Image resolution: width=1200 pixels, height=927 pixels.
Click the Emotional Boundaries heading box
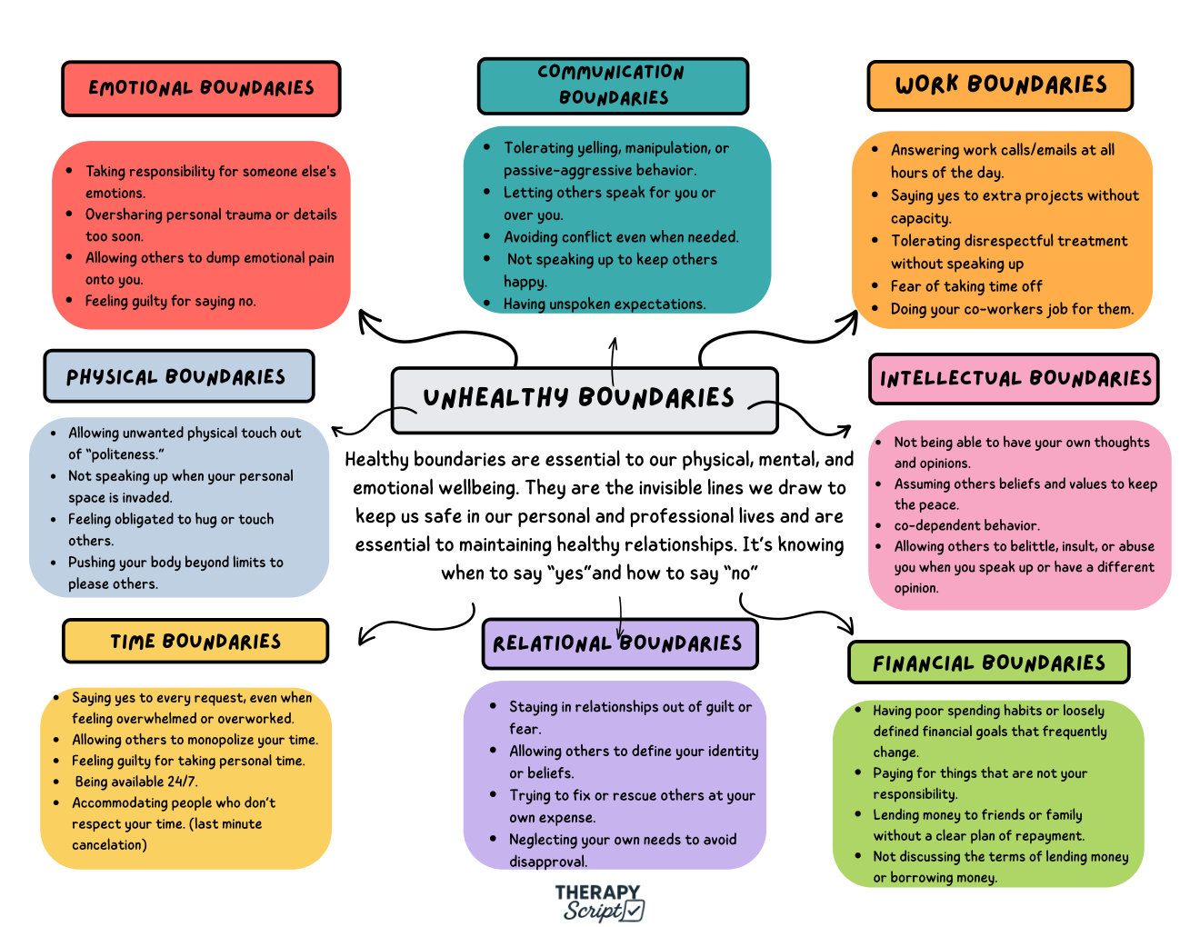pyautogui.click(x=201, y=88)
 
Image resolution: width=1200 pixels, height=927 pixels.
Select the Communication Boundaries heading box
pyautogui.click(x=613, y=86)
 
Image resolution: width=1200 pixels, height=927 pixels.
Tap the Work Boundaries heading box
pyautogui.click(x=1000, y=85)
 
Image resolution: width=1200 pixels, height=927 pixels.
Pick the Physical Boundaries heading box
pyautogui.click(x=179, y=376)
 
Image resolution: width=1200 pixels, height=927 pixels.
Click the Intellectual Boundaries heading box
pyautogui.click(x=1014, y=379)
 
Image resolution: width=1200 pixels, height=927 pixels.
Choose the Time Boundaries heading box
pyautogui.click(x=195, y=641)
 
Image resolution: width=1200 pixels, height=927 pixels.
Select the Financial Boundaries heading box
pyautogui.click(x=989, y=662)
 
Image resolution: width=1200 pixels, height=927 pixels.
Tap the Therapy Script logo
pyautogui.click(x=599, y=902)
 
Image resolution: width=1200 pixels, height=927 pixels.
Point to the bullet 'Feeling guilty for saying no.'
pyautogui.click(x=171, y=301)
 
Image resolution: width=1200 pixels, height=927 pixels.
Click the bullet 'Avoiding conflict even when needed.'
pyautogui.click(x=621, y=237)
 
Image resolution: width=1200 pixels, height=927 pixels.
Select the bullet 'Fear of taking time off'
pyautogui.click(x=965, y=286)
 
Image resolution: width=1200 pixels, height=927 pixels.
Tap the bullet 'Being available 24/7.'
pyautogui.click(x=136, y=782)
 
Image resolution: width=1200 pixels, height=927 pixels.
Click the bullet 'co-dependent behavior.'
pyautogui.click(x=966, y=525)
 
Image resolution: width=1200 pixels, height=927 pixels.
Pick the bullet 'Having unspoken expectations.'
pyautogui.click(x=605, y=304)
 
